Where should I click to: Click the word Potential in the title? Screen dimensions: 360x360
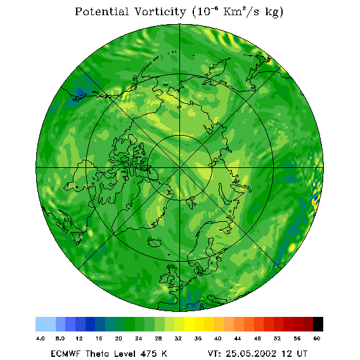[101, 11]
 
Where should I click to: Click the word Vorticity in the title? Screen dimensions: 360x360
[160, 11]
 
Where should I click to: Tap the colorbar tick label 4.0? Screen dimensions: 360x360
[40, 338]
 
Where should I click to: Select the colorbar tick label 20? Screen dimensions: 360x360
[119, 338]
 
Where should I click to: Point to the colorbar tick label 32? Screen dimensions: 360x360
[178, 338]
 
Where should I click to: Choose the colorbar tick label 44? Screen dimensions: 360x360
[238, 338]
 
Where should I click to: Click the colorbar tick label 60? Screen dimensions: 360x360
[317, 338]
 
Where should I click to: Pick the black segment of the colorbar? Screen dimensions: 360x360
[318, 324]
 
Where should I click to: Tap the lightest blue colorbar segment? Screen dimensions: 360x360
[46, 324]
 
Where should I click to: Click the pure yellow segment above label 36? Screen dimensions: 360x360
[190, 324]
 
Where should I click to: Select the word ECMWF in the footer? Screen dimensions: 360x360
[66, 354]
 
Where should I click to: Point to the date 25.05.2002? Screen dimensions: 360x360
[251, 354]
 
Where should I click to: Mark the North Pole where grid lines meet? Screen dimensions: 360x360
[179, 168]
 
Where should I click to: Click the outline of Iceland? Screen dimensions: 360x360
[154, 242]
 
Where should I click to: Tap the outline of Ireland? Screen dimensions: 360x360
[164, 279]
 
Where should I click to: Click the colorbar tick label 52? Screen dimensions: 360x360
[277, 338]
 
